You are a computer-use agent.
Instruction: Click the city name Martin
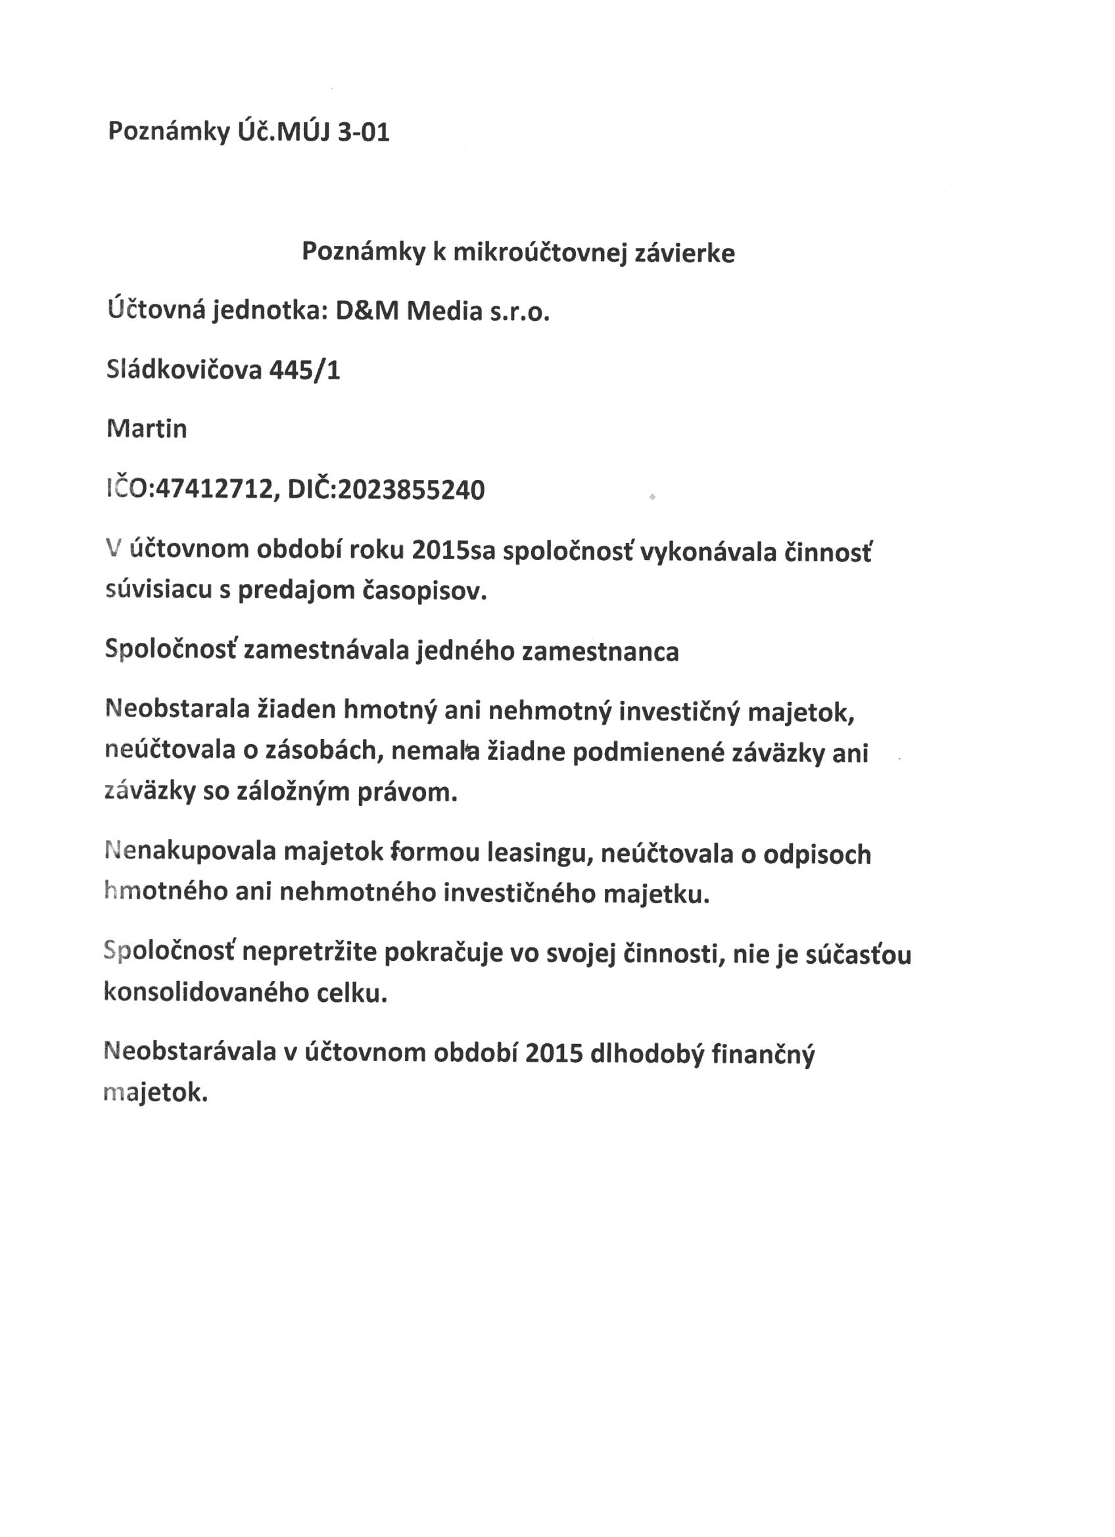pos(147,429)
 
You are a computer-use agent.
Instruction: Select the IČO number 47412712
pos(214,489)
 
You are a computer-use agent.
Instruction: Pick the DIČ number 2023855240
pos(411,489)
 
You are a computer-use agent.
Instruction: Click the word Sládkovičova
pos(183,370)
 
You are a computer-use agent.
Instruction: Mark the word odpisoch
pos(817,855)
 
